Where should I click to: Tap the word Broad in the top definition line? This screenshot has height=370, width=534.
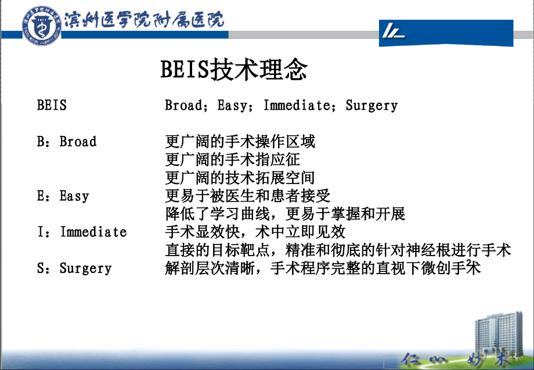pyautogui.click(x=183, y=106)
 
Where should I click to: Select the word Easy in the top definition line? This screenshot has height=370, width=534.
pyautogui.click(x=233, y=106)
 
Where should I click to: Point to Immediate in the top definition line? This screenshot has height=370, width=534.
pyautogui.click(x=297, y=106)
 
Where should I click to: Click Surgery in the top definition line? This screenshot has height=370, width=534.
pyautogui.click(x=371, y=106)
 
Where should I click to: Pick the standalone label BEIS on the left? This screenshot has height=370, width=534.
pyautogui.click(x=52, y=106)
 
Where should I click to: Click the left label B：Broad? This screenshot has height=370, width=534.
pyautogui.click(x=67, y=142)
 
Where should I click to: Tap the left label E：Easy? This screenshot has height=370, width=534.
pyautogui.click(x=63, y=196)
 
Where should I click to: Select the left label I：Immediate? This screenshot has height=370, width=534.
pyautogui.click(x=81, y=232)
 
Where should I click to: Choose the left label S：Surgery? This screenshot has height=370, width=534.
pyautogui.click(x=74, y=268)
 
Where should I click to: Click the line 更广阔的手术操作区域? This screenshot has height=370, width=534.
pyautogui.click(x=240, y=142)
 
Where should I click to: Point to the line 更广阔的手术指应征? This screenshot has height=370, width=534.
pyautogui.click(x=233, y=159)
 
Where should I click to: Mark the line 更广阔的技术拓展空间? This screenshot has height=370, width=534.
pyautogui.click(x=240, y=178)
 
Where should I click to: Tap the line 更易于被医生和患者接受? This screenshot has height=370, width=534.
pyautogui.click(x=248, y=196)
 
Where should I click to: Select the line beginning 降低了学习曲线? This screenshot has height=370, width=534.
pyautogui.click(x=285, y=214)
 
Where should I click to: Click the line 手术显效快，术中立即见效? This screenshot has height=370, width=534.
pyautogui.click(x=255, y=232)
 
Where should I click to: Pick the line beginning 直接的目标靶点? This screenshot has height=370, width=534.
pyautogui.click(x=338, y=250)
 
